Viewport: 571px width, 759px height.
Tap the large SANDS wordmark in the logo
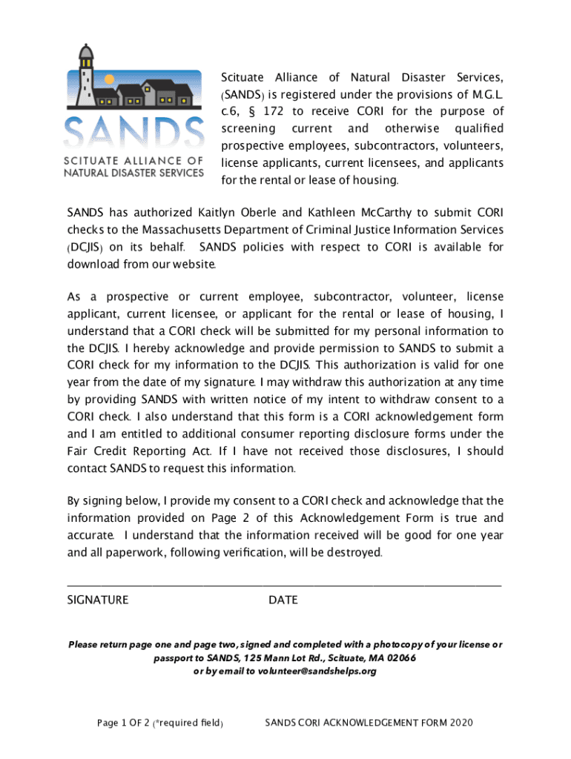[x=133, y=133]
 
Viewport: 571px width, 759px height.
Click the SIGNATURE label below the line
[x=98, y=600]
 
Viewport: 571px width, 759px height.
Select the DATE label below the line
[x=283, y=600]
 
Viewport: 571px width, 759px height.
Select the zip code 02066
[x=397, y=658]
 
